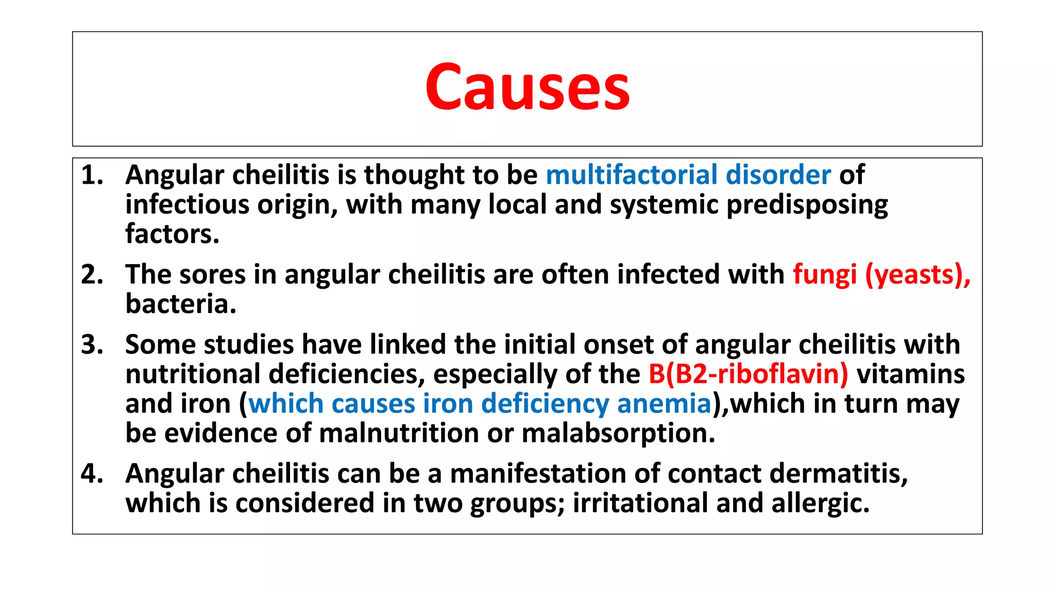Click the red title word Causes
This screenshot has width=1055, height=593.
(527, 86)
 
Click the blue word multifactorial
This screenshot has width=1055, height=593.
(632, 176)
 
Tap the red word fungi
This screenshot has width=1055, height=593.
(824, 275)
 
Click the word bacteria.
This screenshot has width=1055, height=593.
(180, 304)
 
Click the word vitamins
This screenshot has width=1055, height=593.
(910, 374)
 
